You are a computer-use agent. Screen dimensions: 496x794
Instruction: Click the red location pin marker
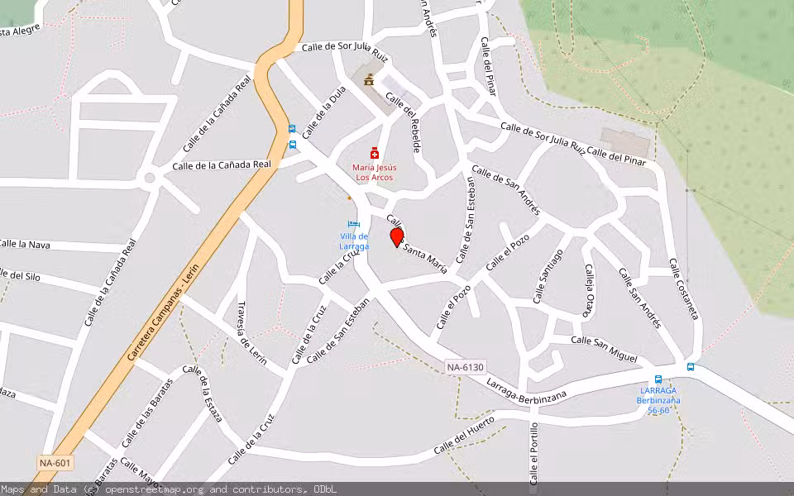tap(397, 237)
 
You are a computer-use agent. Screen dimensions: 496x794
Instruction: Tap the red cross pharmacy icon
tap(375, 153)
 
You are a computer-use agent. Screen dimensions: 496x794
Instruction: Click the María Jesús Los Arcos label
tap(375, 172)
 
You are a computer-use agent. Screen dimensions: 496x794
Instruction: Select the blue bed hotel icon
tap(354, 224)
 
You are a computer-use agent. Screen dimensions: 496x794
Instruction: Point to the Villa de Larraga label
tap(354, 241)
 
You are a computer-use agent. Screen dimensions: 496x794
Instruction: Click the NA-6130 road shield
tap(464, 367)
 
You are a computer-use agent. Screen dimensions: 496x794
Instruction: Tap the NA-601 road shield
tap(55, 462)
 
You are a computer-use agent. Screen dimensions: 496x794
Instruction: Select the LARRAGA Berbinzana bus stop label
tap(658, 400)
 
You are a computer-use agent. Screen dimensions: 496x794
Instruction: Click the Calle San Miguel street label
tap(605, 348)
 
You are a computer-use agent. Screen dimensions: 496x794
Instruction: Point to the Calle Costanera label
tap(684, 289)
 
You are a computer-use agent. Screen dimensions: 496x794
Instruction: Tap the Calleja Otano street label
tap(588, 290)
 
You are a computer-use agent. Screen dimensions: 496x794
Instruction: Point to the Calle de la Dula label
tap(323, 113)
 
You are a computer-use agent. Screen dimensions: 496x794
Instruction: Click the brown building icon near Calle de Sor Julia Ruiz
tap(368, 79)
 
